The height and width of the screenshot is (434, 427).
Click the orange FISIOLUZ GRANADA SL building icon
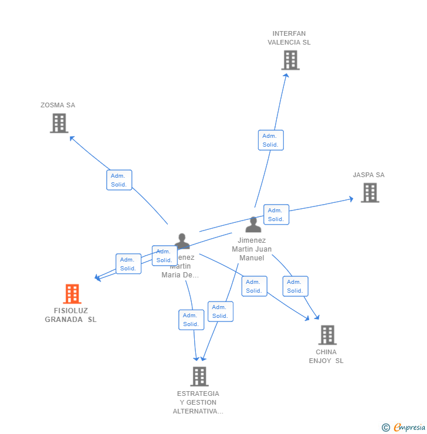(72, 294)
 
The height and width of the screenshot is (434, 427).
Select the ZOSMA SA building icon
(59, 123)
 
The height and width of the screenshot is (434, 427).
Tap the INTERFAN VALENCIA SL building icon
(290, 60)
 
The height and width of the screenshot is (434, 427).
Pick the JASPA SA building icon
(370, 192)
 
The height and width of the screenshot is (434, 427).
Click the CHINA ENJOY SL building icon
(327, 335)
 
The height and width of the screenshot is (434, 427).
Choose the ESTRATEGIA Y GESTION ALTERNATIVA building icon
(199, 376)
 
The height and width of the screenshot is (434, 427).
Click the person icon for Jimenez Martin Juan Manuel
(253, 225)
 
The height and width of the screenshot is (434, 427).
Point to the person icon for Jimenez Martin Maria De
(182, 240)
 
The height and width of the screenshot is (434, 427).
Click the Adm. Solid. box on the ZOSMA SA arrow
(119, 180)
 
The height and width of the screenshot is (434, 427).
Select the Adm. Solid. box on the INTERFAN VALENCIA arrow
(270, 140)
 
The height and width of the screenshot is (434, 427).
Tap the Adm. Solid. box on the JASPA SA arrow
(276, 215)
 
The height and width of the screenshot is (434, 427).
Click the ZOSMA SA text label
(57, 106)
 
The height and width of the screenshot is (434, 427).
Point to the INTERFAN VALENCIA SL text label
(289, 38)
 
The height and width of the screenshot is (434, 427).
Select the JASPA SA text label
(368, 175)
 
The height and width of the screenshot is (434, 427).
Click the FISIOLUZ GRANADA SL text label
(71, 315)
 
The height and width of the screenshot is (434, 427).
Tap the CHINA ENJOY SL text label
(326, 356)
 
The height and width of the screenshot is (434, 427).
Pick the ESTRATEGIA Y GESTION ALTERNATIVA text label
(198, 402)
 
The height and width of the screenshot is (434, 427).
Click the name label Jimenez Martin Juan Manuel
(252, 249)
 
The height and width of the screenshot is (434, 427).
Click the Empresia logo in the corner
(404, 428)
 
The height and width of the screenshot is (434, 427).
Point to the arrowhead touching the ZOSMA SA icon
(72, 138)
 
